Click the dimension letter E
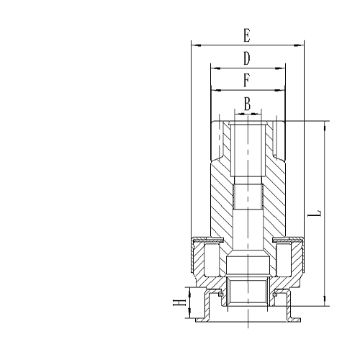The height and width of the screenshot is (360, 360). (x=247, y=35)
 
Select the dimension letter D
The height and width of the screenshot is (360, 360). (x=246, y=58)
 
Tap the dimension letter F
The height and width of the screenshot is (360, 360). (x=246, y=80)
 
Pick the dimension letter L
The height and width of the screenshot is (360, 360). (x=314, y=214)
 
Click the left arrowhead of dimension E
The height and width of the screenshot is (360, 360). (x=194, y=44)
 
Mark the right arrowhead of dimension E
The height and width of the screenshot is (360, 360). (x=301, y=44)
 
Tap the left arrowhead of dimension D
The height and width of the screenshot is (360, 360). (x=214, y=67)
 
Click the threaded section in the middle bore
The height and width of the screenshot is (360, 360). (x=247, y=196)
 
